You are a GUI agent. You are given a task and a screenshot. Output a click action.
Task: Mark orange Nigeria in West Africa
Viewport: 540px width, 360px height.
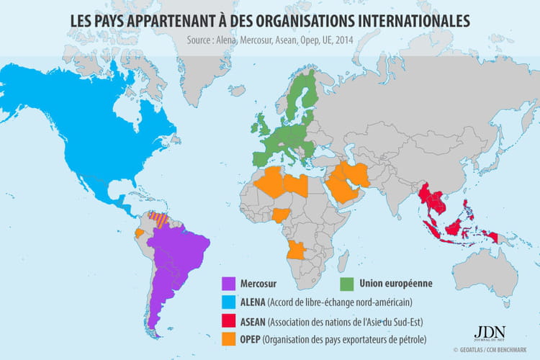pos(287,215)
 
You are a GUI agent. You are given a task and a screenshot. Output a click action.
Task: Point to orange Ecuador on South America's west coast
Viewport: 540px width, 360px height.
pos(139,234)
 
